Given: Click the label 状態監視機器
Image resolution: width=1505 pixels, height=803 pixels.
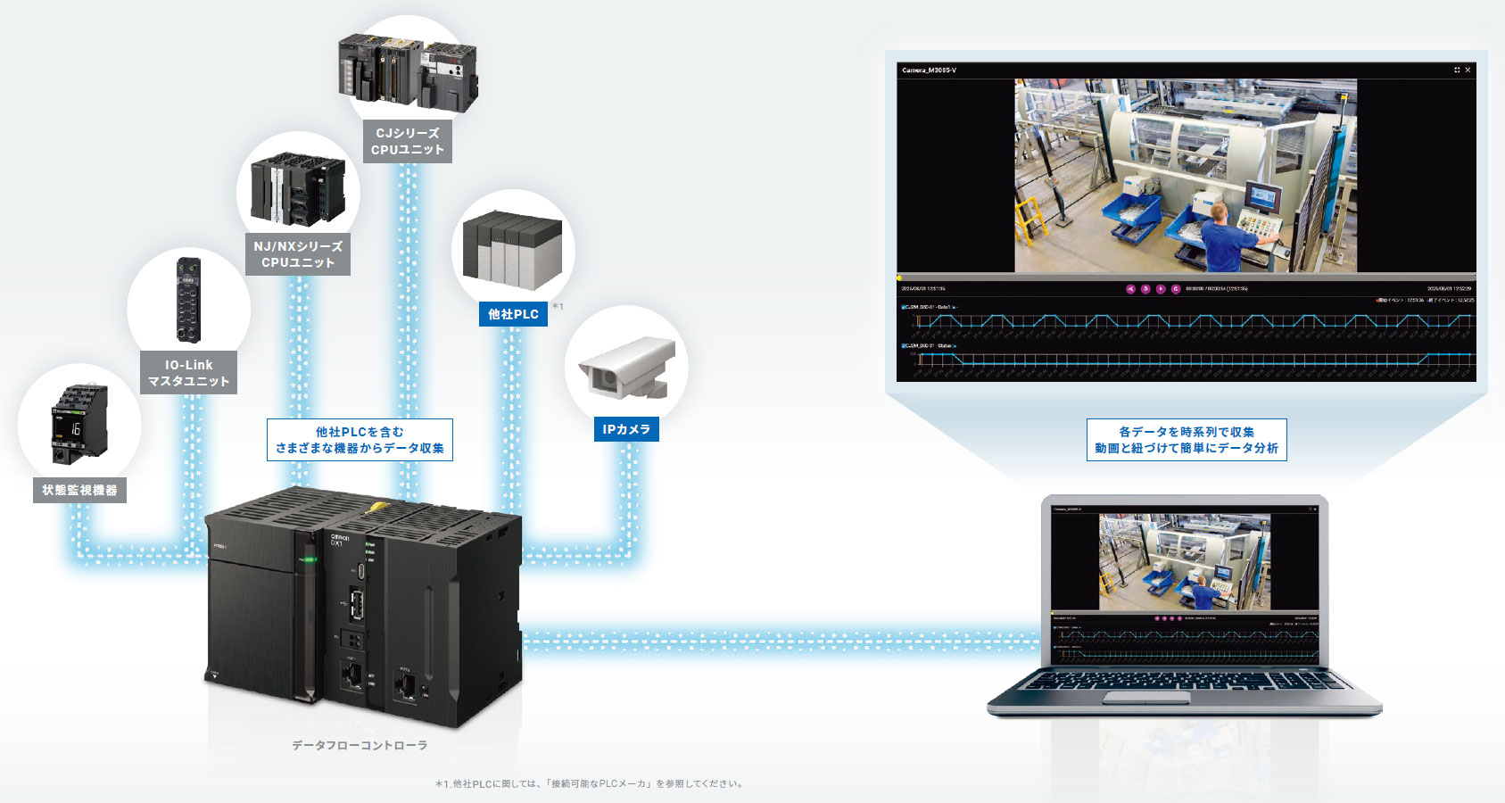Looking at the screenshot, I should coord(79,490).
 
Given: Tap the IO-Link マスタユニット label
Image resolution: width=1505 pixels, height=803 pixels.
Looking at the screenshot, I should coord(188,372).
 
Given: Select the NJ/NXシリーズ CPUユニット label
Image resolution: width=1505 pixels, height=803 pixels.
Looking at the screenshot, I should coord(298,254).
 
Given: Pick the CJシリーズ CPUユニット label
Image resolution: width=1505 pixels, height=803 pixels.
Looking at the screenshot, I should coord(408,141).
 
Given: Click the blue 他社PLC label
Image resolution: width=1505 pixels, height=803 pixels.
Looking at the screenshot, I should coord(513,314).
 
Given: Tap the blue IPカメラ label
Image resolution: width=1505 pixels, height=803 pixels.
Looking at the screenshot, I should coord(626,429).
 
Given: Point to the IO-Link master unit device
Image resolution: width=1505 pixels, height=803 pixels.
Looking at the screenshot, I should coord(188,300).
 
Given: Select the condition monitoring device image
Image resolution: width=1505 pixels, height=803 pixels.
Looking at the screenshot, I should coord(79,423).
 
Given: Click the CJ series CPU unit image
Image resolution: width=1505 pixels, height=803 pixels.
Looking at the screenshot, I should coord(408,71).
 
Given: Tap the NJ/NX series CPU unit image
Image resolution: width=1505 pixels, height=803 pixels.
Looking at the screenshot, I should coord(298,189).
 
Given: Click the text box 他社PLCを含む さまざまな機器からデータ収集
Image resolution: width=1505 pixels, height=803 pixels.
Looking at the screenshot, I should coord(360,440).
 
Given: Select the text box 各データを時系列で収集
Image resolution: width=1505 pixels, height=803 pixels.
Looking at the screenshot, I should coord(1187,440).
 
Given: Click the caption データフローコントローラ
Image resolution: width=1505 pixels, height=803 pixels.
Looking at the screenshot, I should coord(360,745).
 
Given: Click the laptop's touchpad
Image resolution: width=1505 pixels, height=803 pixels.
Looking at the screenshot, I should coord(1139,697).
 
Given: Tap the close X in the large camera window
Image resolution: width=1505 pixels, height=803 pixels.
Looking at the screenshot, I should coord(1468,70).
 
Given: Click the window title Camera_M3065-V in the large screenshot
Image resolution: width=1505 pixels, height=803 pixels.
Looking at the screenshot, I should coord(929,70).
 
